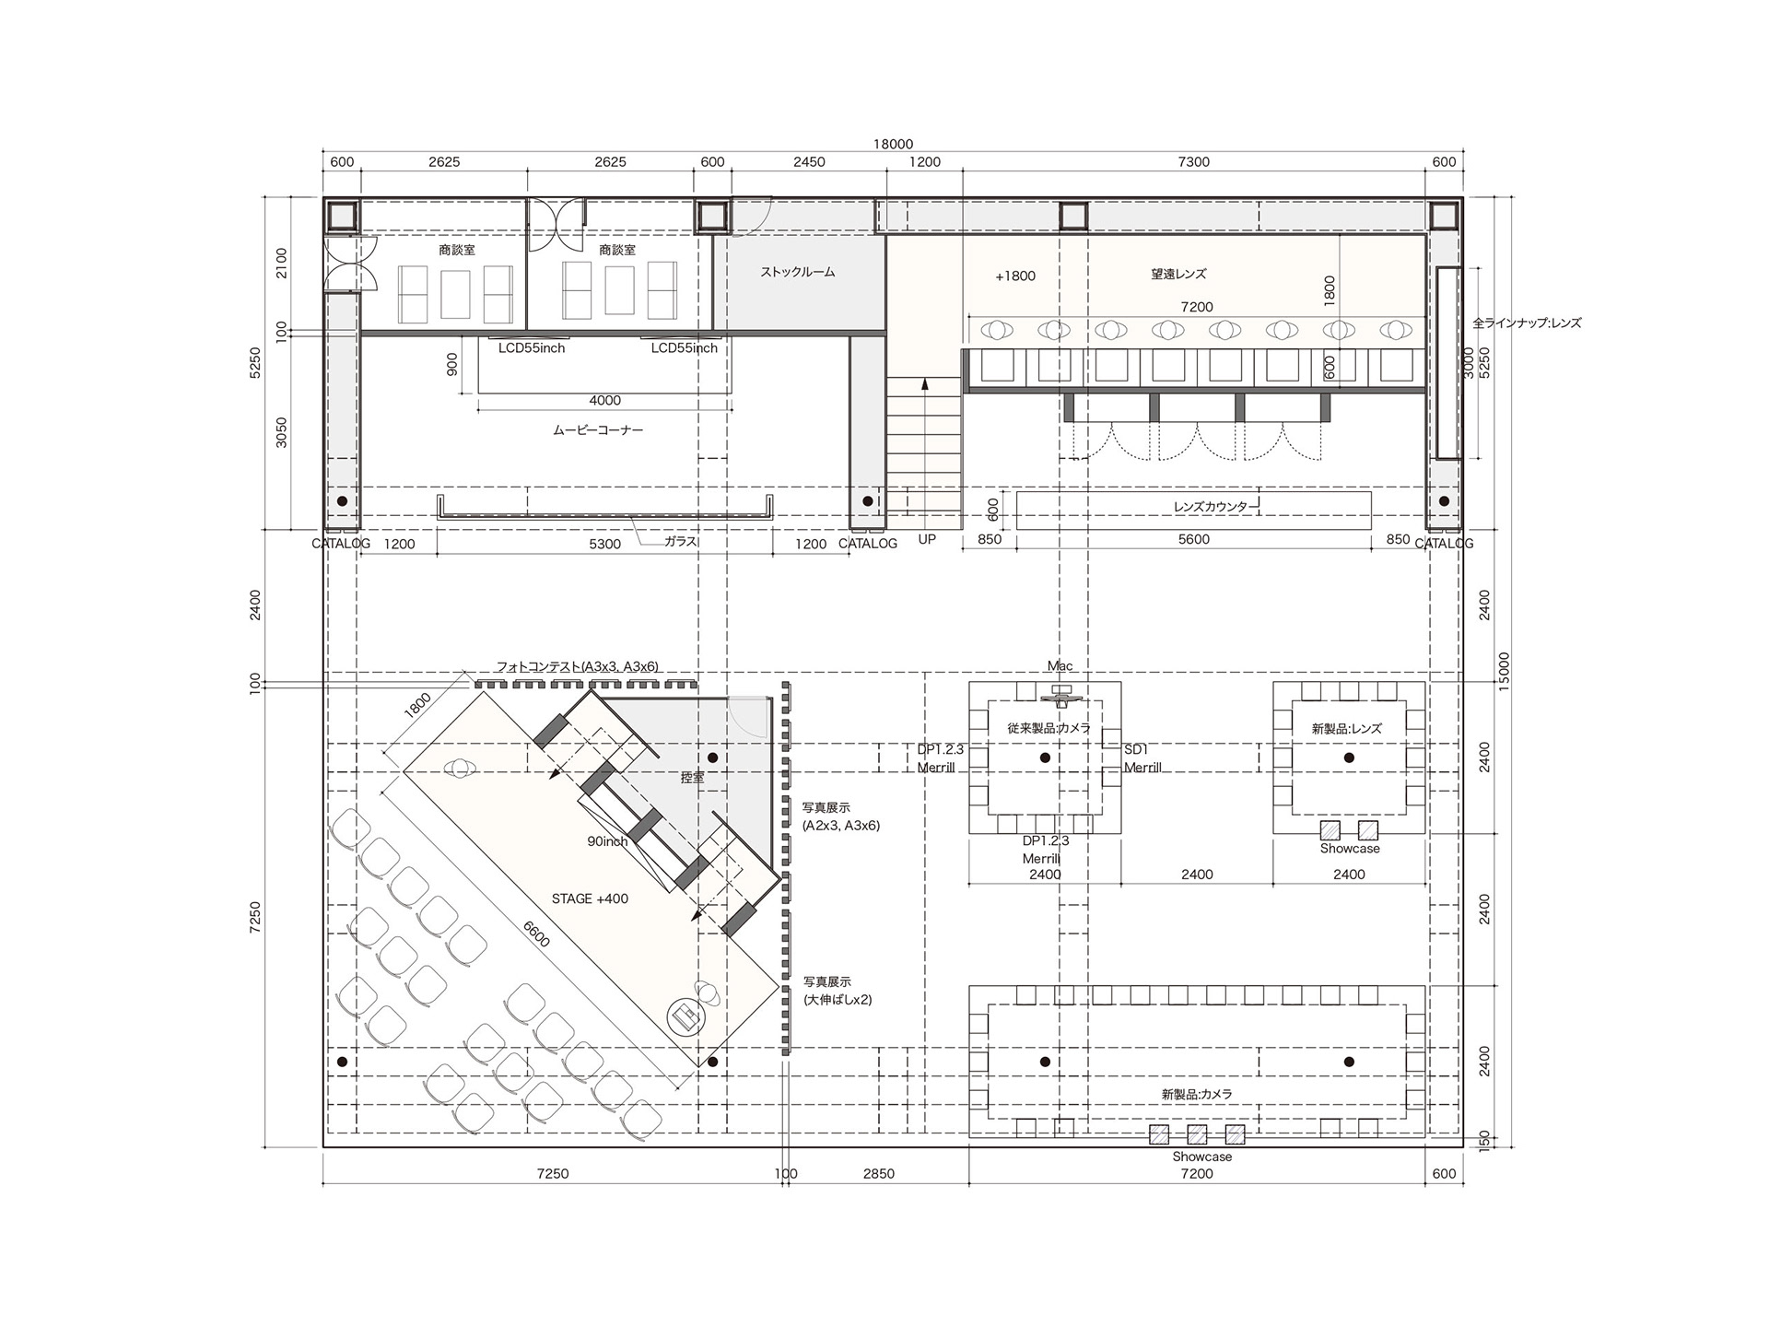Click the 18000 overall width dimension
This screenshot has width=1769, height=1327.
893,144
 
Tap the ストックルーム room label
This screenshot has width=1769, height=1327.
798,272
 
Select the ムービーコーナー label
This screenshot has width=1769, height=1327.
598,429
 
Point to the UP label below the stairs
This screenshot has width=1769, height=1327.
927,539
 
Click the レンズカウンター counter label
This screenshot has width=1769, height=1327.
1216,506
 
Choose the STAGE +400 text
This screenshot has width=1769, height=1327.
590,898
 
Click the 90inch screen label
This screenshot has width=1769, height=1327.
607,841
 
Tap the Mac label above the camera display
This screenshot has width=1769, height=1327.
1060,665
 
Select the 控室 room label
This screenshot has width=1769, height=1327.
692,778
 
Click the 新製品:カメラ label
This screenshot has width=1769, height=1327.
1197,1094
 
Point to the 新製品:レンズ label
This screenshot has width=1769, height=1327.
1347,728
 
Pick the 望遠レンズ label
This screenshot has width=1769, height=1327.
1178,274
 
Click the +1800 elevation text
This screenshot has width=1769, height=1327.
1015,276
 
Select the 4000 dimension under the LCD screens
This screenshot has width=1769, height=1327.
604,400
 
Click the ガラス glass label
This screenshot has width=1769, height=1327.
681,542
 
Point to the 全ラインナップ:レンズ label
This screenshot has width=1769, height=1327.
1527,323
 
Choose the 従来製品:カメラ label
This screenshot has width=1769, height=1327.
1049,728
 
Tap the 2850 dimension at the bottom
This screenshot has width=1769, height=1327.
878,1173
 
